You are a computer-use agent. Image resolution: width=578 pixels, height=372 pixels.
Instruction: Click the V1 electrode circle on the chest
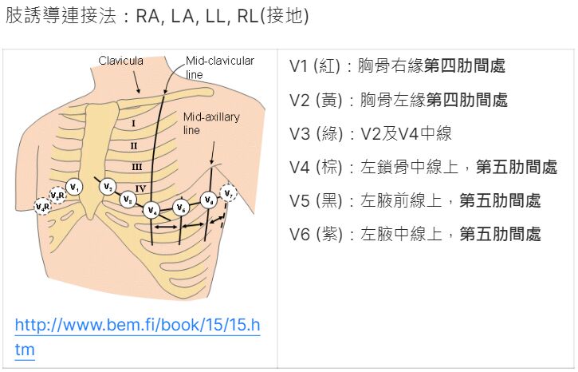[74, 187]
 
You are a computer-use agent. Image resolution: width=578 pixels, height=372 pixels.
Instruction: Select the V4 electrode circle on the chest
[152, 210]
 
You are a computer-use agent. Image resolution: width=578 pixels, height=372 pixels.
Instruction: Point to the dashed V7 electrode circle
[229, 193]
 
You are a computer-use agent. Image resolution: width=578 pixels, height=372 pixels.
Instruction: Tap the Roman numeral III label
[136, 166]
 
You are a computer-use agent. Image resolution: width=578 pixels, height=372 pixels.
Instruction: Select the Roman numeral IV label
[140, 188]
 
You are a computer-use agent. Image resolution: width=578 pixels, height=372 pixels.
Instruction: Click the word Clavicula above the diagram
[120, 60]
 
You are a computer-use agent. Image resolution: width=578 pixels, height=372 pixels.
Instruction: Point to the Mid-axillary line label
[210, 123]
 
